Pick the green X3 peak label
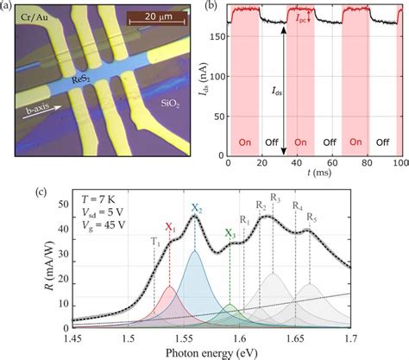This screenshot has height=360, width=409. pos(230,233)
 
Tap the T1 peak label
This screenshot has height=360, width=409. pos(154,242)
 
